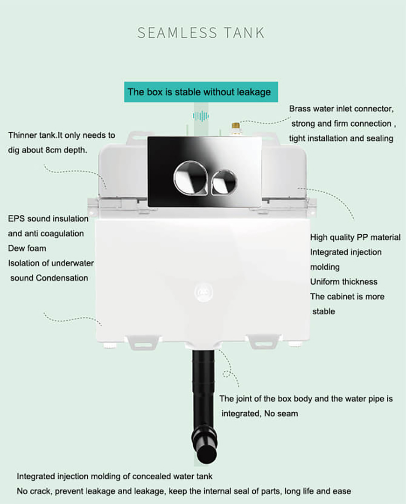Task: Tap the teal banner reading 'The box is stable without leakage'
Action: click(199, 92)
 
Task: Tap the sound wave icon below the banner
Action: click(201, 116)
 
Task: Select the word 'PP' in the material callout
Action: click(363, 238)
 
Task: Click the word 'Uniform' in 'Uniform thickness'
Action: click(325, 282)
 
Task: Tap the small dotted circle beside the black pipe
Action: click(227, 373)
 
